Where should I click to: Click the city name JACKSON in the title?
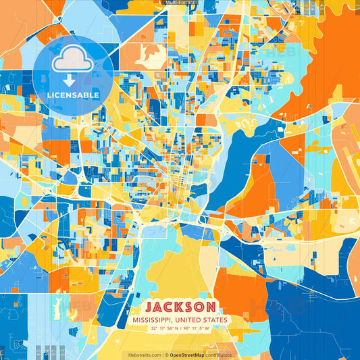[180, 306]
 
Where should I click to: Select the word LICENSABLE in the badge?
[74, 95]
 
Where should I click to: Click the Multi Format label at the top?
[180, 3]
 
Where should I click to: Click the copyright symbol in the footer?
[166, 354]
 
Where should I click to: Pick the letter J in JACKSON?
[148, 306]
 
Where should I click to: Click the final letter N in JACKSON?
[211, 306]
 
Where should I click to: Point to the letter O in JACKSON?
[201, 306]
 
